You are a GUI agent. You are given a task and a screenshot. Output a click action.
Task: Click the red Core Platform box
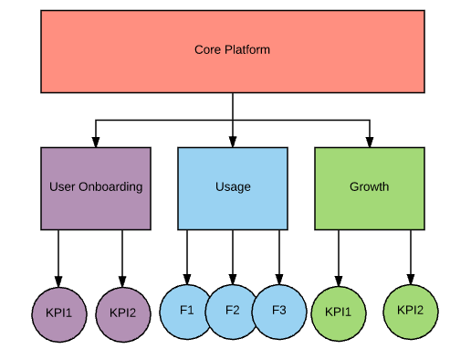[233, 51]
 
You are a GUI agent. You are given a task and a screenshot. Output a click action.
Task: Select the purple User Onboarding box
[96, 187]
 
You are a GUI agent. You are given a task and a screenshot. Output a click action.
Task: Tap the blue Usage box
[233, 187]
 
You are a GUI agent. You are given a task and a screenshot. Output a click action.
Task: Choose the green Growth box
[369, 187]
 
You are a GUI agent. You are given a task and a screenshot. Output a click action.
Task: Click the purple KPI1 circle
[58, 312]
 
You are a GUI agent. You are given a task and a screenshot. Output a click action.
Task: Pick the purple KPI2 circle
[122, 312]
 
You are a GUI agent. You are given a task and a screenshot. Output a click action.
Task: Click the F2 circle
[233, 310]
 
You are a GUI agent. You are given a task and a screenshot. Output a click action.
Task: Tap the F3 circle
[279, 310]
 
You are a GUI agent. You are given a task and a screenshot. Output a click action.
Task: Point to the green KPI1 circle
[339, 312]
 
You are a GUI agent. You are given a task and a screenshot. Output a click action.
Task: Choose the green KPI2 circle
[410, 309]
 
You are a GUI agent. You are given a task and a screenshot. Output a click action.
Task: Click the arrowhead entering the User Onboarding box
[96, 142]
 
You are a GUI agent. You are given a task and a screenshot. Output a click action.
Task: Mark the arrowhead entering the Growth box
[370, 142]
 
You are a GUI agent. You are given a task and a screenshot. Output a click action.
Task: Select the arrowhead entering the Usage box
[233, 142]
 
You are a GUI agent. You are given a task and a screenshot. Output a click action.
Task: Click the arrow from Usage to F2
[233, 256]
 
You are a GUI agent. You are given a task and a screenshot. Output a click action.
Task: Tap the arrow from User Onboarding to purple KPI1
[58, 256]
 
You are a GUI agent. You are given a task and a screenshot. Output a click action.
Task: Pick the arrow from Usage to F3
[279, 256]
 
